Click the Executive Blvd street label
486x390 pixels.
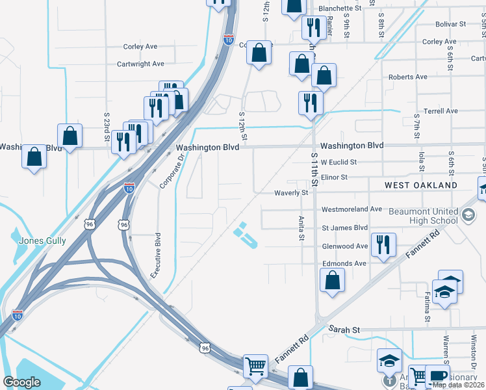click(x=156, y=256)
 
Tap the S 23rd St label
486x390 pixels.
click(x=107, y=125)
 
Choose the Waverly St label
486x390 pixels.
click(x=290, y=193)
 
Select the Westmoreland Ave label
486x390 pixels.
click(x=352, y=209)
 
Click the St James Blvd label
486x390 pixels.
click(x=345, y=228)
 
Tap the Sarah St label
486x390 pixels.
click(x=344, y=330)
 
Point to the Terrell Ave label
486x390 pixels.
click(x=441, y=111)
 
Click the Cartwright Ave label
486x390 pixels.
click(x=140, y=64)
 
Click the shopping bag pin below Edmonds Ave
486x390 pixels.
click(x=332, y=280)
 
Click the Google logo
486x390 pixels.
click(x=22, y=382)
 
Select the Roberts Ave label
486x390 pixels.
click(x=408, y=77)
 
